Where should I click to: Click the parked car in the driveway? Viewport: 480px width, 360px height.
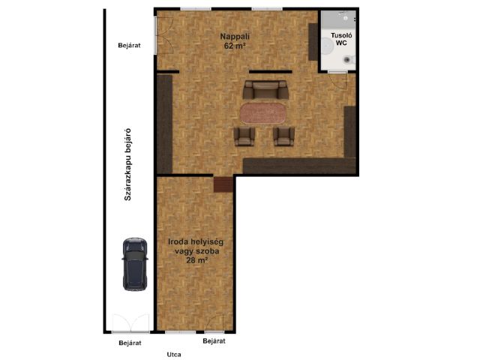[135, 264]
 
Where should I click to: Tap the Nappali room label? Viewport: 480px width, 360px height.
[235, 37]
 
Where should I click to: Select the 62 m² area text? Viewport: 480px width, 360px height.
[235, 46]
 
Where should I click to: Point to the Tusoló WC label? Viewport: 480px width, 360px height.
[341, 39]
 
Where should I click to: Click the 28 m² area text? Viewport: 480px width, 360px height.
[197, 260]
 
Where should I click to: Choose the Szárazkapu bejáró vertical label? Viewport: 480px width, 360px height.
[127, 164]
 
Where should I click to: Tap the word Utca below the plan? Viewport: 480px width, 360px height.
[174, 355]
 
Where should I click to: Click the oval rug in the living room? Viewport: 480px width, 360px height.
[262, 113]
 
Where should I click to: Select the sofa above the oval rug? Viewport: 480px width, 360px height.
[265, 89]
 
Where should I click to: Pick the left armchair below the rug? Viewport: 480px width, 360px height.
[244, 136]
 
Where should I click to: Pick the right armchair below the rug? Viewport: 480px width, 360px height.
[283, 136]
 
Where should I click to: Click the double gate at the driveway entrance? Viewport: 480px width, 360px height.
[130, 323]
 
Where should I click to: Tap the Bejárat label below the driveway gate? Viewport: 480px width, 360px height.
[130, 343]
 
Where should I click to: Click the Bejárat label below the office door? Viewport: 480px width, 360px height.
[214, 341]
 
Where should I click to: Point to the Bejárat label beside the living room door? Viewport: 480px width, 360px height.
[129, 45]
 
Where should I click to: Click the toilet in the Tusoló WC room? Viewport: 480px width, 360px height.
[349, 60]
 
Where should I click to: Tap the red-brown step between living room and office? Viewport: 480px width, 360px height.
[223, 184]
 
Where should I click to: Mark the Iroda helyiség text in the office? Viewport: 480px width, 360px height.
[196, 241]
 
